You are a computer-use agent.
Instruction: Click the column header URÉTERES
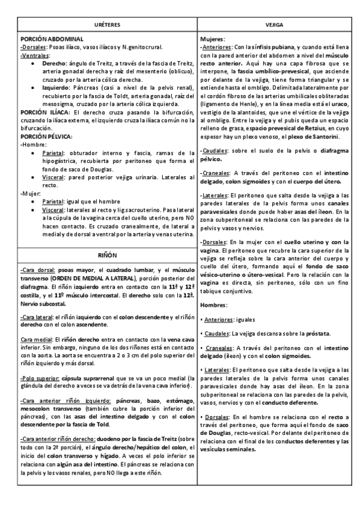[x=108, y=25]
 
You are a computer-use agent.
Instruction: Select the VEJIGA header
[x=278, y=25]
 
